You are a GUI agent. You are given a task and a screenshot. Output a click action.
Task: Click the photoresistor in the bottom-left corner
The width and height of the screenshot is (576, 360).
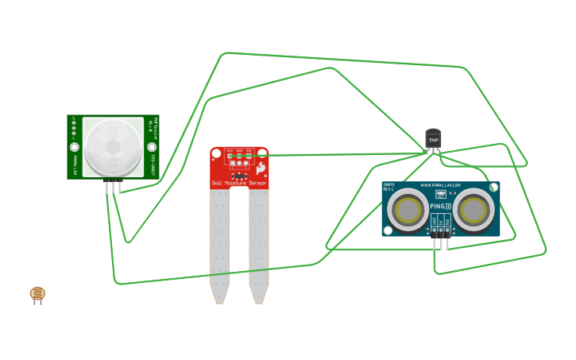coord(37,294)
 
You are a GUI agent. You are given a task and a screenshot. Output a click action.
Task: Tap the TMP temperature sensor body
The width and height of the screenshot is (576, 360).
coord(433,139)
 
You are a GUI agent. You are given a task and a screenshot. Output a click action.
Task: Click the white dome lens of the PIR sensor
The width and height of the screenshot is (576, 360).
coord(113,146)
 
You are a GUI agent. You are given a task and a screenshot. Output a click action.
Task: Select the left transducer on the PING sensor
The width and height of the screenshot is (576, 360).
coord(408,210)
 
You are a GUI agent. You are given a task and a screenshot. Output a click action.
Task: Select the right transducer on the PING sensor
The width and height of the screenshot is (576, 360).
coord(473,210)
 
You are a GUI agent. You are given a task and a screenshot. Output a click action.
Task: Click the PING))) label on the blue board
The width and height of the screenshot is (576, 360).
coord(440,207)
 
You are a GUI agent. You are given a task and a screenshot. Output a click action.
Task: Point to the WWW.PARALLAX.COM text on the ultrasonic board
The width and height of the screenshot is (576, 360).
coord(441,186)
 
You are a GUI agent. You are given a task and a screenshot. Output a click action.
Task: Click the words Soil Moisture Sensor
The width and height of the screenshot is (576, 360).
coord(239,184)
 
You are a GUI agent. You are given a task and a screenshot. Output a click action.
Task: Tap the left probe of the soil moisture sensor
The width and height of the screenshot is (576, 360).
coord(219,246)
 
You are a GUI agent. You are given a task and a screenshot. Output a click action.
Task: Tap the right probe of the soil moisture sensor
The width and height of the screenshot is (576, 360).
coord(259,246)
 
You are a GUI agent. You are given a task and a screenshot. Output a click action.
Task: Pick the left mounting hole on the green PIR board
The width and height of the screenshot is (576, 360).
coord(75,147)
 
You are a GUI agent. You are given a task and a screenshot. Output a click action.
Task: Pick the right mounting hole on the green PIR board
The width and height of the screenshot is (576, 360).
coord(151,147)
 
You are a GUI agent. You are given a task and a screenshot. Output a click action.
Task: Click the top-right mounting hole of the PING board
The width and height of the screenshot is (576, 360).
coord(494,188)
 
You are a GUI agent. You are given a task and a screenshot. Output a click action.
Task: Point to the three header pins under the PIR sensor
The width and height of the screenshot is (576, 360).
coord(114,187)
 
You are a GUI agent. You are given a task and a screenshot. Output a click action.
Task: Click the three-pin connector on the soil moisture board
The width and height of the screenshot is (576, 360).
coord(239,156)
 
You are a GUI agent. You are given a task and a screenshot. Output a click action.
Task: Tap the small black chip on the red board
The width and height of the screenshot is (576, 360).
coord(238,165)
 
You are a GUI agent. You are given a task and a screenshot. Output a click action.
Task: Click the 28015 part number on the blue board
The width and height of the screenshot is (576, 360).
coord(389,185)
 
